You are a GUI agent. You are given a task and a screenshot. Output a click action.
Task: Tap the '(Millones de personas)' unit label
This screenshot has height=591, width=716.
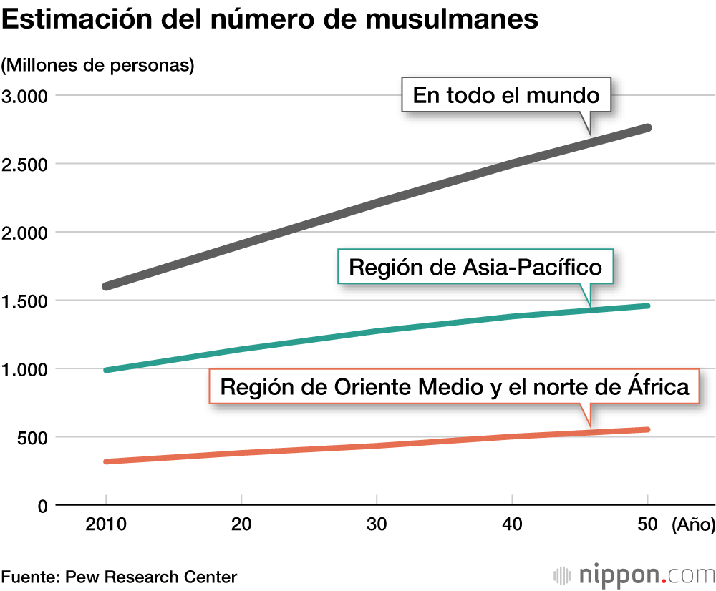98,65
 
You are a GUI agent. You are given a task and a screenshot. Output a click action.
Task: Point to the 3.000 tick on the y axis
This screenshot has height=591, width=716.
25,96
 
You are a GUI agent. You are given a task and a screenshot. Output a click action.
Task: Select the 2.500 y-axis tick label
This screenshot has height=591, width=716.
25,164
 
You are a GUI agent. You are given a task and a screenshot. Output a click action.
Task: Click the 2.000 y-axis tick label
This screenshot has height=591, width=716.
25,233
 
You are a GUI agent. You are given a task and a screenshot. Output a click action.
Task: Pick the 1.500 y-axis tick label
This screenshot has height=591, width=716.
25,301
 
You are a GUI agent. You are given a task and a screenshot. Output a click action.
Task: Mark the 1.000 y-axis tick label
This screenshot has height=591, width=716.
25,369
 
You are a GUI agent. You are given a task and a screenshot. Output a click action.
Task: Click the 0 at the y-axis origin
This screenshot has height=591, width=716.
42,506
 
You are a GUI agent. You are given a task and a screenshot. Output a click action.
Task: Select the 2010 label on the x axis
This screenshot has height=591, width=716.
106,524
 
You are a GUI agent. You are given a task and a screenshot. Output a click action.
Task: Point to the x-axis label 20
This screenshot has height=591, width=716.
241,524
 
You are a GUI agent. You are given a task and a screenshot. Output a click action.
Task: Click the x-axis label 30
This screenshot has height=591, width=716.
377,524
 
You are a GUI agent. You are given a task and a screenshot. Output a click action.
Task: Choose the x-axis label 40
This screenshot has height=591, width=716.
512,524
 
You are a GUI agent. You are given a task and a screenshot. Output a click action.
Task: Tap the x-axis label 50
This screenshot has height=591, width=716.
647,524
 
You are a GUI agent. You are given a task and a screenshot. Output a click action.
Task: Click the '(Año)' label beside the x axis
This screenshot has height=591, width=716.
693,525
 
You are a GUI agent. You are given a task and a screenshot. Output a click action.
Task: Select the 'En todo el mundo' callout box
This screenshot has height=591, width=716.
506,94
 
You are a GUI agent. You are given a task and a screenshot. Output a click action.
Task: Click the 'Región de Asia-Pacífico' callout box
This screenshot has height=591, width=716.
475,267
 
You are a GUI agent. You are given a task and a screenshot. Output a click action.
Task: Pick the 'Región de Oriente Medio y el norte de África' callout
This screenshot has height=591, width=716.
454,386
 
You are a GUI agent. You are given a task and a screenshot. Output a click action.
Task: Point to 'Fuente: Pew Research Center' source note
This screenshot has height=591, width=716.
119,577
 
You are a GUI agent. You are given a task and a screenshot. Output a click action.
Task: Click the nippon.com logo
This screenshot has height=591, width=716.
634,575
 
